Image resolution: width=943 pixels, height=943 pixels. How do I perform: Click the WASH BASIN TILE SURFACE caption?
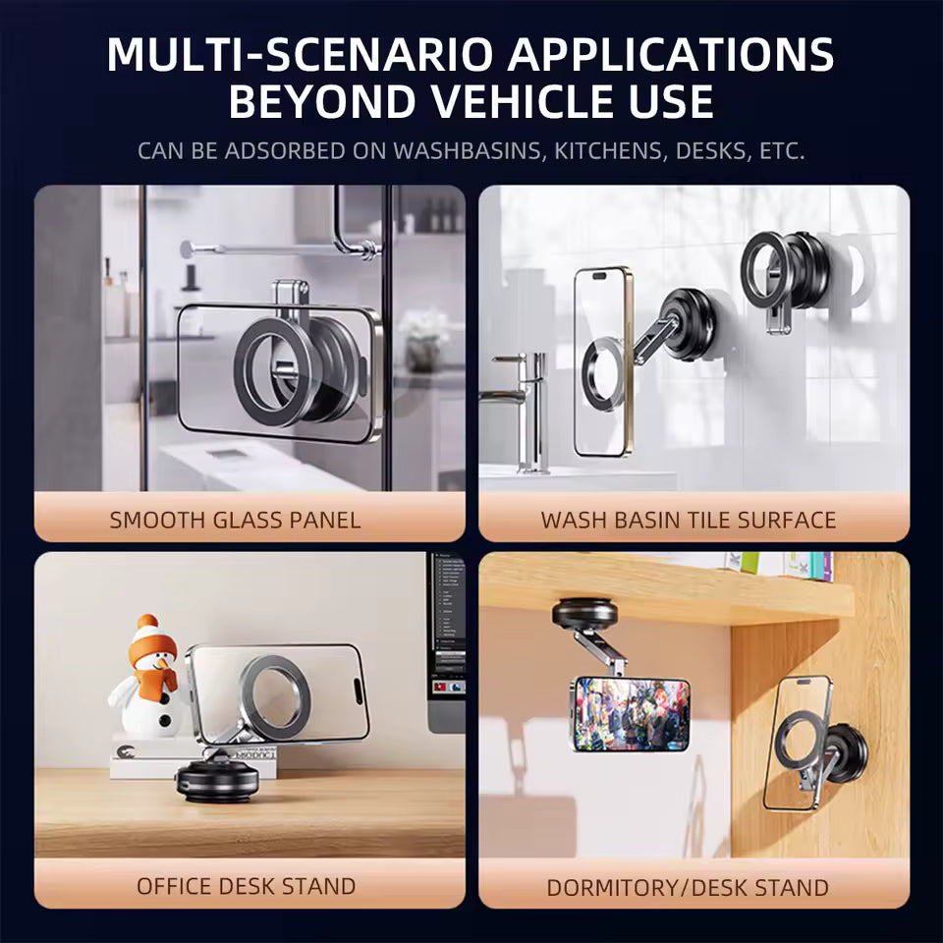click(688, 520)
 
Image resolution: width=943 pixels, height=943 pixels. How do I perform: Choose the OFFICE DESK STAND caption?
click(246, 886)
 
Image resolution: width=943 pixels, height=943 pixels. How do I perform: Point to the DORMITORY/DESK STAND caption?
click(688, 888)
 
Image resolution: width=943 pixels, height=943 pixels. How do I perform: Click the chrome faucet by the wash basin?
click(521, 403)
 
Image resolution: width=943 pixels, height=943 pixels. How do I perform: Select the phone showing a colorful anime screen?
click(631, 713)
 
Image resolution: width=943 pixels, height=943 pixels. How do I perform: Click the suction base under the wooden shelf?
click(584, 615)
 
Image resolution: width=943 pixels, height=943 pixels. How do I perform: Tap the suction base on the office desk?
click(217, 781)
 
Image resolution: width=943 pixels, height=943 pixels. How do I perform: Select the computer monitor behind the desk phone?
click(446, 638)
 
